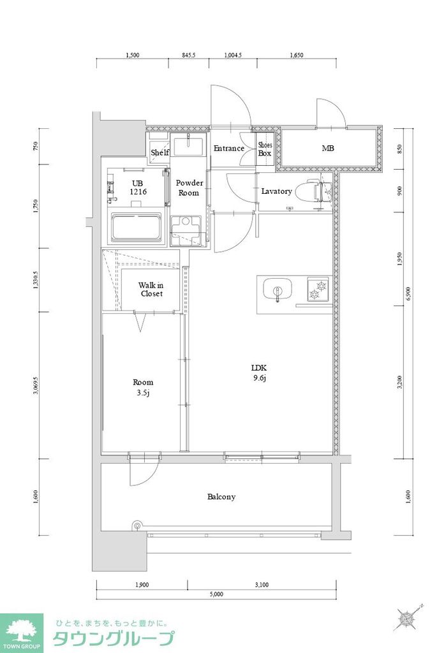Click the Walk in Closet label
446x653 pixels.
point(151,290)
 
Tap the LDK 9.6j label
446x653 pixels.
point(258,372)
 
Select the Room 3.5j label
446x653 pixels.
point(143,387)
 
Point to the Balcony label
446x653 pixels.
point(221,496)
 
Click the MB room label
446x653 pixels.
point(328,149)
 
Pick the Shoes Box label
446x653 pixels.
point(265,149)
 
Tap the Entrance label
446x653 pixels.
point(228,149)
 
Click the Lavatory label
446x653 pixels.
point(276,191)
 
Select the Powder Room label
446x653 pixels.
point(190,187)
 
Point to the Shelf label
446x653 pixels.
point(160,152)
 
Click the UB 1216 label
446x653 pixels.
point(138,187)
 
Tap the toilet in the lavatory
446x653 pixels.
point(317,191)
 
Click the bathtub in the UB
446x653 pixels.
point(138,227)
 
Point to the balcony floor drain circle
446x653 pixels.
point(135,526)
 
